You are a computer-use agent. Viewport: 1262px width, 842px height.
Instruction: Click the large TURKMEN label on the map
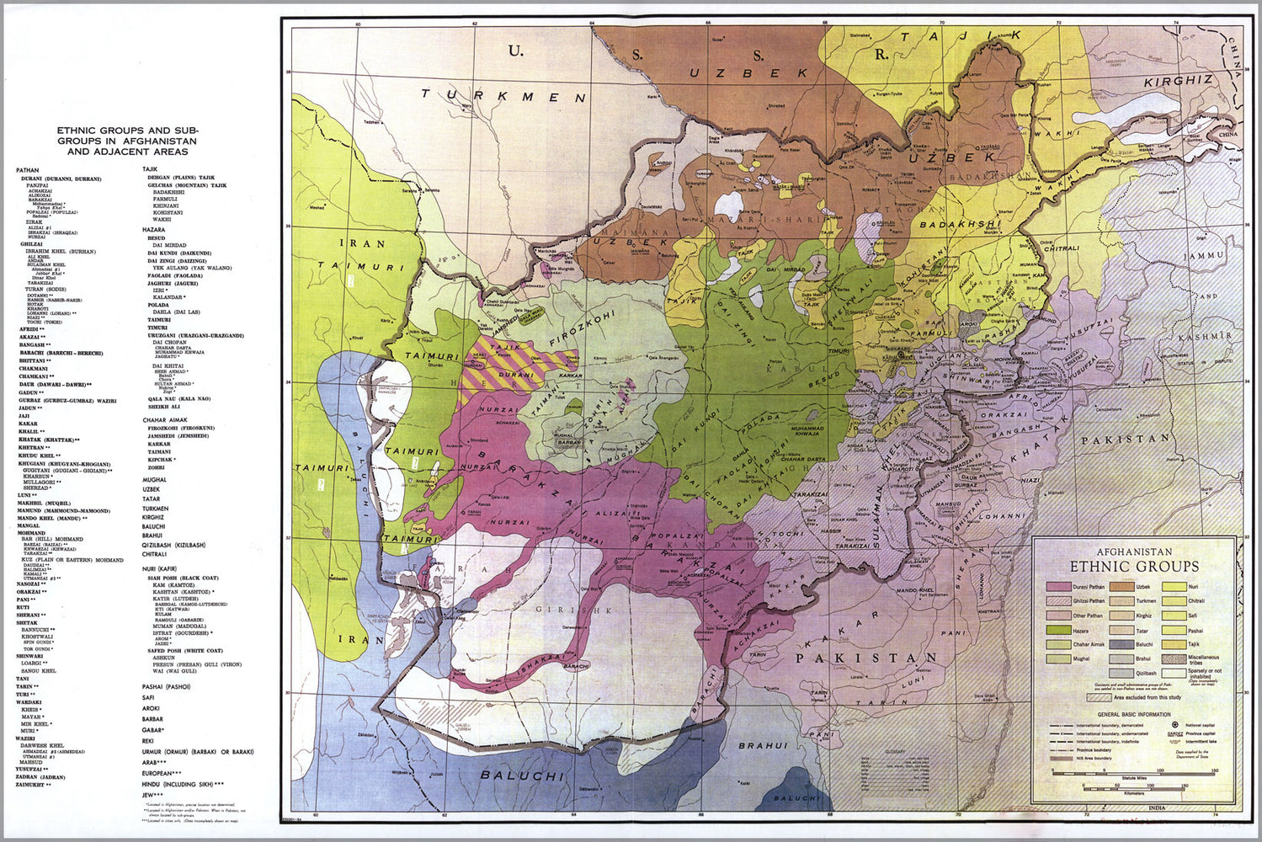(x=503, y=96)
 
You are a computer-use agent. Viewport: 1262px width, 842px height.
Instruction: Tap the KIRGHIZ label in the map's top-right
(x=1178, y=81)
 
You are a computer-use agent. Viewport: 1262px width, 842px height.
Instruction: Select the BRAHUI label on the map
(x=763, y=745)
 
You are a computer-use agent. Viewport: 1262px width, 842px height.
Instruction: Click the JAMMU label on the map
(x=1202, y=255)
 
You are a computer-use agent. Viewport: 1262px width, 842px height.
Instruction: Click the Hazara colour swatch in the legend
(x=1058, y=630)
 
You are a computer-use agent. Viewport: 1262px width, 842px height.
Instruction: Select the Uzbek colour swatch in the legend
(x=1121, y=587)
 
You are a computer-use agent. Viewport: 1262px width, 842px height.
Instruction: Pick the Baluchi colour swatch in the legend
(x=1121, y=644)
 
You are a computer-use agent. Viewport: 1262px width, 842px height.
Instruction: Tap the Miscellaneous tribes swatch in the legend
(x=1174, y=659)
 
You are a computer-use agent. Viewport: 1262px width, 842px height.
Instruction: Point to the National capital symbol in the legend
(x=1175, y=723)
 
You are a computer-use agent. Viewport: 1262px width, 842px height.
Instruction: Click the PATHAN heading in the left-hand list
(x=27, y=170)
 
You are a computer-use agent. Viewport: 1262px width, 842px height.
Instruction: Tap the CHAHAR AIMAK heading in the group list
(x=165, y=419)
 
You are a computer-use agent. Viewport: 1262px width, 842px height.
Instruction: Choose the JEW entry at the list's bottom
(x=148, y=794)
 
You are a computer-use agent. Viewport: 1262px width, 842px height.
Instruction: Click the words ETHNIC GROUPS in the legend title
(x=1134, y=566)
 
